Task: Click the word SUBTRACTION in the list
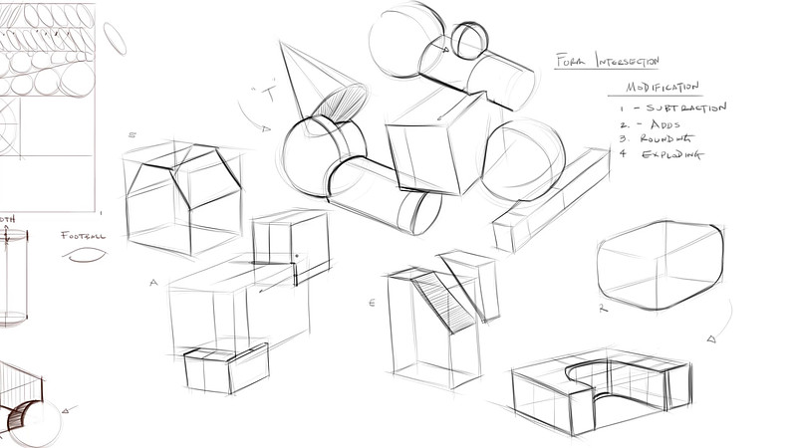[685, 108]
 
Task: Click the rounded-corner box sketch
[659, 264]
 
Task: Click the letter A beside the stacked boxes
[154, 283]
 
